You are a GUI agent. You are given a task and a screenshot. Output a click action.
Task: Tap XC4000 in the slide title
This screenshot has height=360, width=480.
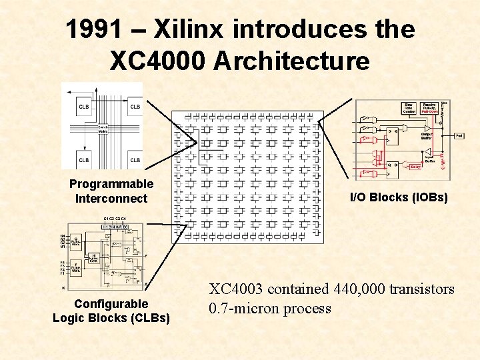point(157,61)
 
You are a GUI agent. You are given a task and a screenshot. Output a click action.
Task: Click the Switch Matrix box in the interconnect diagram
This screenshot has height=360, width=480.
point(103,130)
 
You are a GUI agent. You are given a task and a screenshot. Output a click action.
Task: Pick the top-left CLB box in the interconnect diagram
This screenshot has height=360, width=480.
point(84,107)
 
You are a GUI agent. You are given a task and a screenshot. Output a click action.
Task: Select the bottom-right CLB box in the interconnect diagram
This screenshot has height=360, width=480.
point(135,160)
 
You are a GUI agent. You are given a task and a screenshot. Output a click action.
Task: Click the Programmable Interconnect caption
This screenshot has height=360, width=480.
point(111,191)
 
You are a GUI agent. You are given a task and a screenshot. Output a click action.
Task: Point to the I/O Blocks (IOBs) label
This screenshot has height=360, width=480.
point(399,197)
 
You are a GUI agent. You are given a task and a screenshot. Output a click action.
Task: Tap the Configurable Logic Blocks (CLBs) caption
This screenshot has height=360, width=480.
point(111,311)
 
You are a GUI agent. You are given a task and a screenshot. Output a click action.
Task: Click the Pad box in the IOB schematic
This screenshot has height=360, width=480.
point(459,135)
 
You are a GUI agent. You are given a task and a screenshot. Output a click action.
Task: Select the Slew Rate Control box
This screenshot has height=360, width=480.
point(408,107)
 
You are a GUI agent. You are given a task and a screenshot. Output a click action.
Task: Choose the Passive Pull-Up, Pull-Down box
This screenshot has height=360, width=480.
point(429,107)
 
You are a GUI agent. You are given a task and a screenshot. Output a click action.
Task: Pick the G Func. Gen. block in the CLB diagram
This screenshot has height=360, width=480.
point(77,241)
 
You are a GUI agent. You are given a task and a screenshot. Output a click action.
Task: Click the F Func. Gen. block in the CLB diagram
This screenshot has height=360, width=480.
point(77,270)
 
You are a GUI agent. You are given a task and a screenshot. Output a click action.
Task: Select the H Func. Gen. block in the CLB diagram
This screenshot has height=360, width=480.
point(95,257)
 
